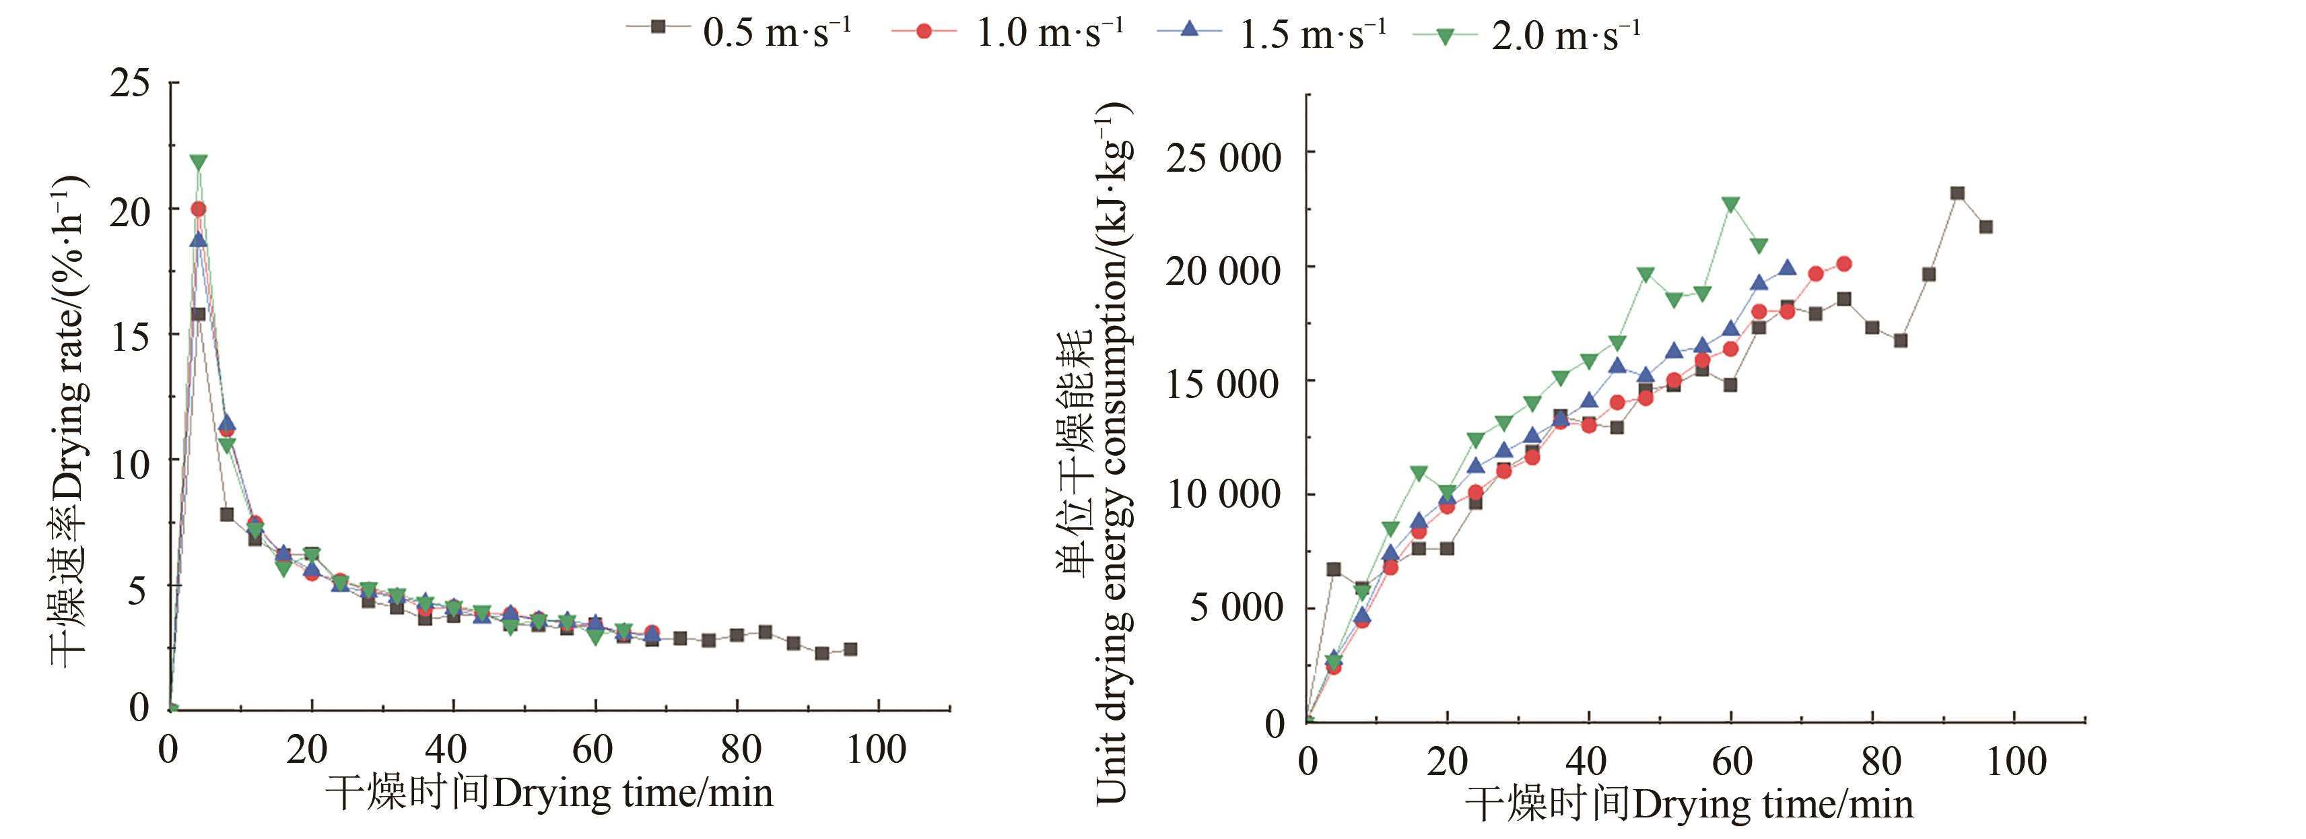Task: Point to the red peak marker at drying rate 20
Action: coord(199,209)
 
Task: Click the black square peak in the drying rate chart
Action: coord(199,314)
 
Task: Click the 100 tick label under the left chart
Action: coord(877,749)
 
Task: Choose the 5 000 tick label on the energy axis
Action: coord(1236,608)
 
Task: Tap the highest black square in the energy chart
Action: coord(1957,193)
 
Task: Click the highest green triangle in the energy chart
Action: coord(1730,204)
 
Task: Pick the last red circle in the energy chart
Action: coord(1844,264)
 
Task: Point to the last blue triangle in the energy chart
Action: coord(1787,268)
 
